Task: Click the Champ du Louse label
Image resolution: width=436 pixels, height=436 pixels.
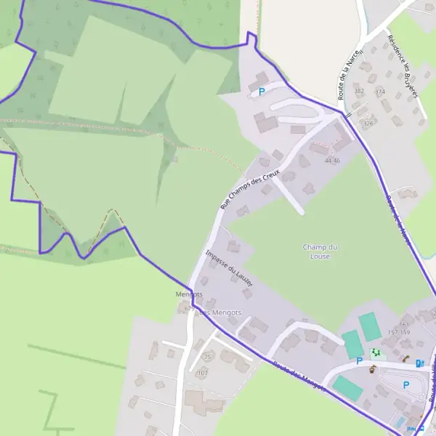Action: click(320, 251)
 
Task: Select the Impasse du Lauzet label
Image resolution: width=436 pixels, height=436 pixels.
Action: click(229, 268)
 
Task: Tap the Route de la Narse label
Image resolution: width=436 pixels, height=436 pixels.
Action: click(344, 78)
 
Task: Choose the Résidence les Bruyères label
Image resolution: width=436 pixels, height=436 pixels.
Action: click(404, 65)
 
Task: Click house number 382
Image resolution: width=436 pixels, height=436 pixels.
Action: click(359, 91)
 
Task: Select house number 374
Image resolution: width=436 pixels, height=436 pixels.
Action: click(379, 92)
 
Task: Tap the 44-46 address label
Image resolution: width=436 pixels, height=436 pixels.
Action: click(333, 160)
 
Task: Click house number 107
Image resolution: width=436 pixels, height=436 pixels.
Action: click(202, 373)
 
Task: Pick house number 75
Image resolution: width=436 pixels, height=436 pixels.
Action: click(206, 358)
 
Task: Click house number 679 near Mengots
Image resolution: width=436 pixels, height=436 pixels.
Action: click(190, 309)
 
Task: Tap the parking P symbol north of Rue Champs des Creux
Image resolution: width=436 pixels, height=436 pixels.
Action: click(262, 92)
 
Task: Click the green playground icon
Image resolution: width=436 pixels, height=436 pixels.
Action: click(376, 352)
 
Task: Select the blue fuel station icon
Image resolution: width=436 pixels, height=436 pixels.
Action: click(419, 363)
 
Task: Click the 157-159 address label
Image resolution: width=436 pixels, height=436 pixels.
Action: click(399, 332)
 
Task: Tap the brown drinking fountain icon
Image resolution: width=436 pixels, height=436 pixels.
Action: click(372, 370)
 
